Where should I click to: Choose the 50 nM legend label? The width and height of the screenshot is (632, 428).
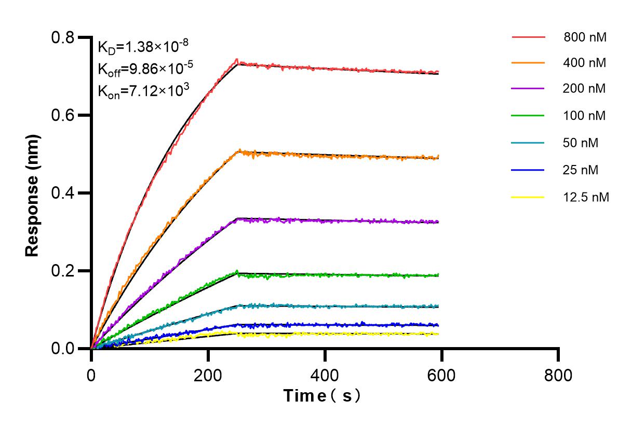click(581, 143)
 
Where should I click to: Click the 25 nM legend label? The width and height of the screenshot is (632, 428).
click(581, 170)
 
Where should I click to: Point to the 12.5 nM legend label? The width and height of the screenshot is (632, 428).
click(586, 197)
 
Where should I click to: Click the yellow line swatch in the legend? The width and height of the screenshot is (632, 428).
click(528, 197)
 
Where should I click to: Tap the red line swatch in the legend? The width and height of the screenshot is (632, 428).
click(528, 37)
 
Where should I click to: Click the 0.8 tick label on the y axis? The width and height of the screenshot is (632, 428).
click(62, 37)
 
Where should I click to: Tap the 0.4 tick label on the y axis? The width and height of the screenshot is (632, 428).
click(62, 193)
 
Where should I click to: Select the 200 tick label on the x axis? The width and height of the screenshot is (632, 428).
click(208, 375)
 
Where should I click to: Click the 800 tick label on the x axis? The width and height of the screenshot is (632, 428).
click(558, 375)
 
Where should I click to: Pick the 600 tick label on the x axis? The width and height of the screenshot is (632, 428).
click(441, 375)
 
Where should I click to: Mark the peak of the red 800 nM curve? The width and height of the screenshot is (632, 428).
click(236, 60)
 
